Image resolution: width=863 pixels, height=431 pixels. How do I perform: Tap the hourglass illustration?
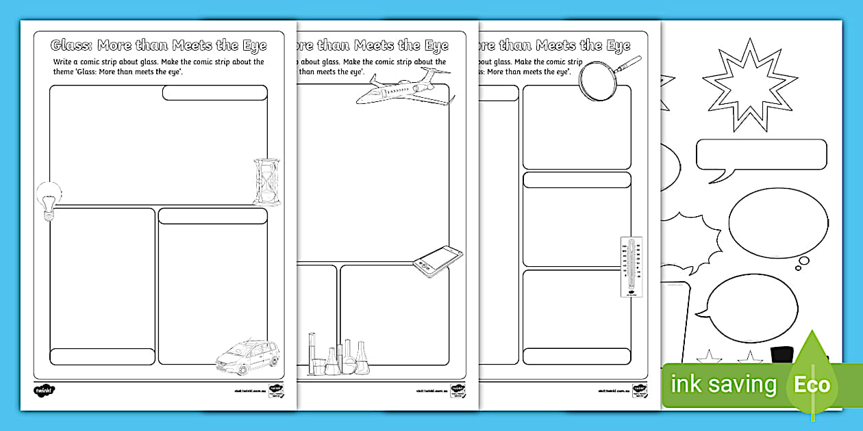coord(266,181)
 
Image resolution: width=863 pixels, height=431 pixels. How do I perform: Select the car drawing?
coord(247,356)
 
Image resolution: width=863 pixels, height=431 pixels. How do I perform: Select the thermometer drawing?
coord(631,267)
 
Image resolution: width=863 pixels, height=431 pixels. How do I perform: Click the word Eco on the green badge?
coord(812,384)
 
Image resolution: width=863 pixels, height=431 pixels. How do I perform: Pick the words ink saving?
coord(723,384)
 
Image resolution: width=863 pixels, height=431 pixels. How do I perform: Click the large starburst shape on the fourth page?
coord(750,85)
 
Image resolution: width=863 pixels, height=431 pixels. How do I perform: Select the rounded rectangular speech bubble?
coord(762,155)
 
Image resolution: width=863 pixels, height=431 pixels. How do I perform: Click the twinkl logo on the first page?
coord(44,390)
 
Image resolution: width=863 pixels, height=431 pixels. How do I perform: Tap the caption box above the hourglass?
coord(214,93)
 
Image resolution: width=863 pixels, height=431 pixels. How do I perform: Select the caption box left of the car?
coord(103,356)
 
